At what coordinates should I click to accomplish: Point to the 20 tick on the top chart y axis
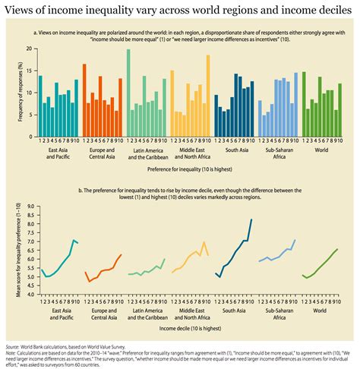[x=30, y=49]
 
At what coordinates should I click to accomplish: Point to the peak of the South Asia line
[x=251, y=220]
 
